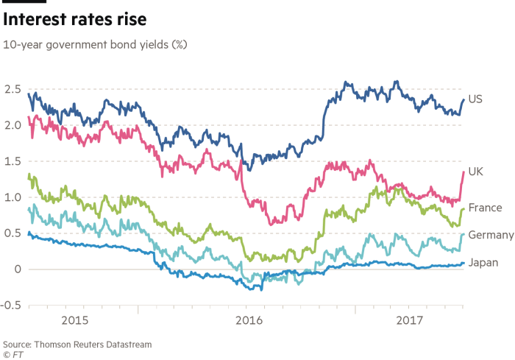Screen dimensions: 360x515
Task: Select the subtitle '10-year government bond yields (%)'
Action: coord(96,45)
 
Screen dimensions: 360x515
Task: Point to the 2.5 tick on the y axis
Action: coord(11,90)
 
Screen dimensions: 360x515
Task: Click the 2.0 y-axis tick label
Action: coord(11,126)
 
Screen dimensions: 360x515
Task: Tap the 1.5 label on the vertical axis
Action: coord(11,162)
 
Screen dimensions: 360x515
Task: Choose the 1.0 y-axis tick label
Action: coord(11,197)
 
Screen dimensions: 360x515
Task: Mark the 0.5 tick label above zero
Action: coord(11,233)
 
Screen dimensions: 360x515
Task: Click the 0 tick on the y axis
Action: coord(15,269)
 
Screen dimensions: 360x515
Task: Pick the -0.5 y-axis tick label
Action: coord(10,306)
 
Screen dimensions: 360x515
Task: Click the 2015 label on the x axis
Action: coord(75,321)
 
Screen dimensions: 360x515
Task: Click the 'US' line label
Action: coord(475,99)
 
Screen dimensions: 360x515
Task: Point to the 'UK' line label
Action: coord(475,172)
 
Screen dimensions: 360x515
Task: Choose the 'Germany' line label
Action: coord(490,235)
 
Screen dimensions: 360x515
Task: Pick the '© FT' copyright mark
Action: coord(13,353)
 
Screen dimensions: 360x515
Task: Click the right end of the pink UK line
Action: coord(464,172)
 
